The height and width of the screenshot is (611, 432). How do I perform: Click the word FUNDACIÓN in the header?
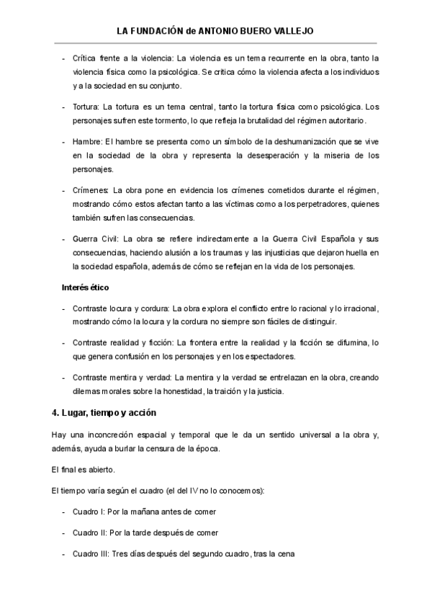(x=156, y=32)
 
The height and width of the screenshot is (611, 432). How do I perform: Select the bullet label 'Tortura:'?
(x=89, y=106)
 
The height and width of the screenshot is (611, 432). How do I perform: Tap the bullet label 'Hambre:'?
(x=89, y=141)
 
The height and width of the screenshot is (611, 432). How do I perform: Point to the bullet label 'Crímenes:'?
(x=91, y=189)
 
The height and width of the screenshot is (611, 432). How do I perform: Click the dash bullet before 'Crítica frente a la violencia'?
(x=65, y=58)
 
